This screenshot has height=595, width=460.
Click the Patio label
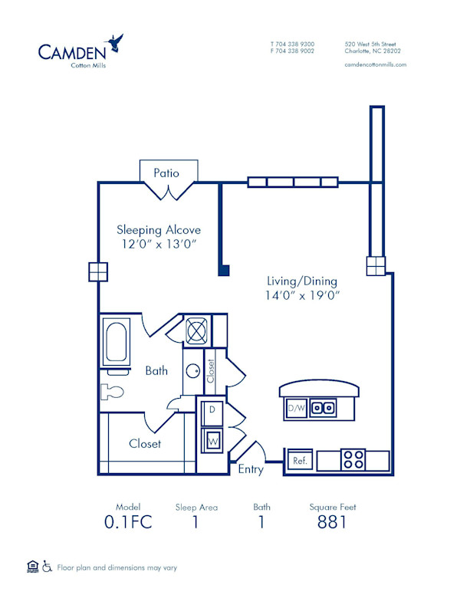[x=166, y=173]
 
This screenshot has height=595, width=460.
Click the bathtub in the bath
[x=117, y=342]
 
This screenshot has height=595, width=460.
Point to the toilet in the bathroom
[x=112, y=392]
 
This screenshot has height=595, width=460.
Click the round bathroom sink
[x=192, y=370]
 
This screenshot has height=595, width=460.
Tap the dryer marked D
[x=212, y=411]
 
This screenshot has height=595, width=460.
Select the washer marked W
[x=212, y=441]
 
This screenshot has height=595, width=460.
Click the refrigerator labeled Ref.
[x=298, y=461]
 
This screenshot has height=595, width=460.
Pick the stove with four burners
[x=353, y=460]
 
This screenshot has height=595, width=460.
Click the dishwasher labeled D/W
[x=296, y=409]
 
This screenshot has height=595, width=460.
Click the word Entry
[x=250, y=469]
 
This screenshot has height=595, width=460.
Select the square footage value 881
[x=332, y=523]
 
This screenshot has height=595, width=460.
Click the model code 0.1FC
[x=128, y=523]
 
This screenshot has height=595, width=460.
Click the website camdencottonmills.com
[x=376, y=65]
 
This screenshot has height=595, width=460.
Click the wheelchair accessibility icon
[x=46, y=567]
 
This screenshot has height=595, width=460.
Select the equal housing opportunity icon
[x=32, y=567]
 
